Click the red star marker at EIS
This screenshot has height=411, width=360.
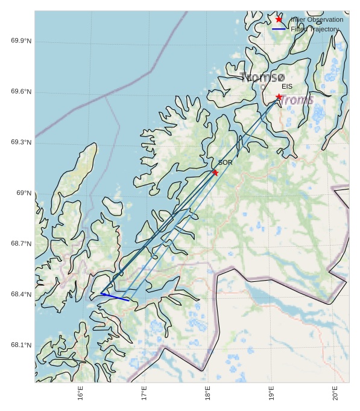tap(279, 97)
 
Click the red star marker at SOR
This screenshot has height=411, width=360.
tap(215, 173)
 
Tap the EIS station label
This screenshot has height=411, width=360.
tap(287, 87)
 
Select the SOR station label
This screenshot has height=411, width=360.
tap(225, 162)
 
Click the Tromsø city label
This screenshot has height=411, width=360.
tap(262, 77)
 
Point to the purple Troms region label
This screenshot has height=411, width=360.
tap(297, 100)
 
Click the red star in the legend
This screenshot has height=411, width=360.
tap(279, 19)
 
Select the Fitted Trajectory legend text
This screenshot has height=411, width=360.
tap(314, 29)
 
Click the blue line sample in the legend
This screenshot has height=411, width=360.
tap(279, 29)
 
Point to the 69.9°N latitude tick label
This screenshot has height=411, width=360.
tap(21, 41)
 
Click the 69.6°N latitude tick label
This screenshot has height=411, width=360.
tap(21, 92)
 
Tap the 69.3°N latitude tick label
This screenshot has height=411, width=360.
tap(21, 142)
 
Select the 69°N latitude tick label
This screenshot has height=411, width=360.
tap(24, 193)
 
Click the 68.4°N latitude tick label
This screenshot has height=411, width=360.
tap(21, 295)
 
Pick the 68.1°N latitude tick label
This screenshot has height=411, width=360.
tap(21, 345)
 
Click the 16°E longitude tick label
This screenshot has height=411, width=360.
tap(80, 393)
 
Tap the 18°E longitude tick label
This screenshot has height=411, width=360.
tap(207, 393)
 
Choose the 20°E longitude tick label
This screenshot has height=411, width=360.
tap(335, 393)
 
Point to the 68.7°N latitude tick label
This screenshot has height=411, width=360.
tap(21, 244)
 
